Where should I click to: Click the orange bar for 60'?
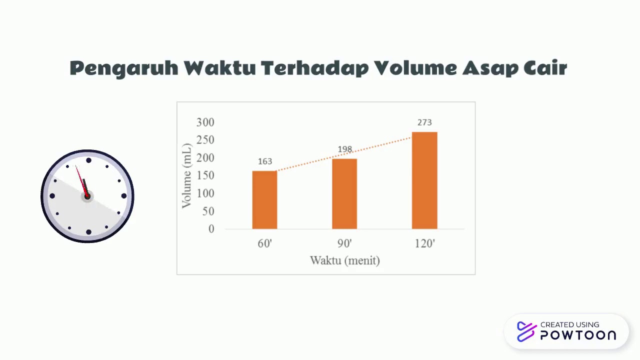tap(264, 200)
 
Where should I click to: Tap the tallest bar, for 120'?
tap(424, 180)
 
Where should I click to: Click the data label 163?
tap(265, 161)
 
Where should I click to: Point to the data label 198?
tap(345, 149)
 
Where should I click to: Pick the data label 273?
tap(424, 122)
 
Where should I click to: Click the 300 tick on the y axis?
tap(205, 122)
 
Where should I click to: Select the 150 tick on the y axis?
tap(205, 175)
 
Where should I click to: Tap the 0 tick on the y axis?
tap(211, 229)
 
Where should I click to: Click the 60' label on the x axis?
tap(264, 244)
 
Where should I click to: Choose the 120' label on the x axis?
tap(424, 244)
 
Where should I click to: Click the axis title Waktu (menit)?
tap(344, 260)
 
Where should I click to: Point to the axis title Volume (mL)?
tap(187, 175)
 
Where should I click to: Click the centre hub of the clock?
tap(87, 196)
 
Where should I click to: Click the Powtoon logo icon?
tap(526, 331)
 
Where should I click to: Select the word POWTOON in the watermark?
tap(578, 335)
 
